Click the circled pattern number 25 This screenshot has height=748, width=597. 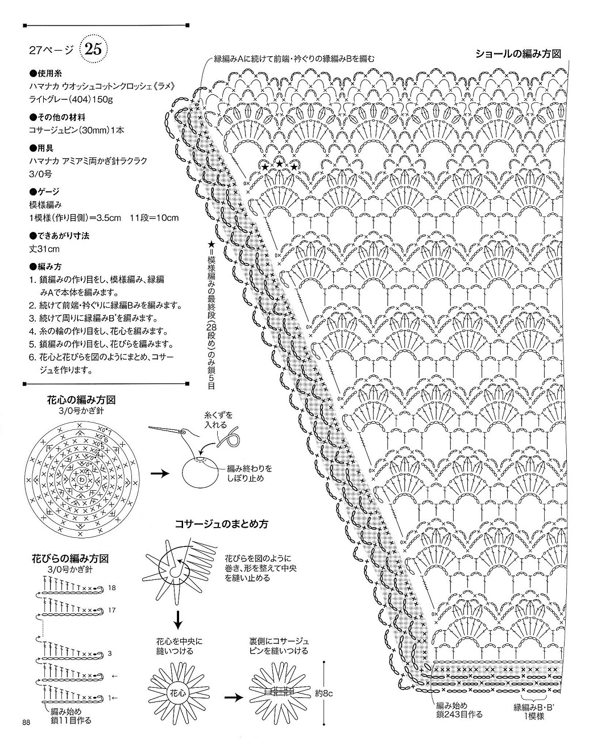[93, 50]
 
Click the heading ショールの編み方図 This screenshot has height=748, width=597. [519, 54]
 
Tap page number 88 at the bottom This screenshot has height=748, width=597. [26, 722]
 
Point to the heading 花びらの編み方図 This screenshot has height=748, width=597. [70, 559]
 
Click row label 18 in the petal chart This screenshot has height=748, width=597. [111, 588]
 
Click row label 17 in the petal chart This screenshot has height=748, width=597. [111, 611]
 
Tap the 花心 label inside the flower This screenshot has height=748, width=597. [177, 693]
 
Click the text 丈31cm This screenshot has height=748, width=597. [45, 249]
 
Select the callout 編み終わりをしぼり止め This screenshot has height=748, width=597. [249, 473]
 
